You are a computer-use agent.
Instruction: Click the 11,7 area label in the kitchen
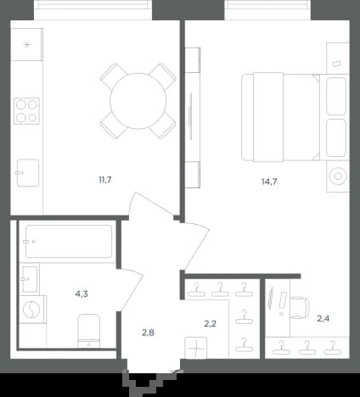pyautogui.click(x=105, y=180)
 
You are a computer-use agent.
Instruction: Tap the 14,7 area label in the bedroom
pyautogui.click(x=269, y=182)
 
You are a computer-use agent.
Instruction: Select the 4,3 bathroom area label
pyautogui.click(x=82, y=294)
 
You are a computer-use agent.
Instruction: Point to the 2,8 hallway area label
pyautogui.click(x=148, y=333)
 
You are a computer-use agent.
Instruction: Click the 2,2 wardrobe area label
pyautogui.click(x=211, y=323)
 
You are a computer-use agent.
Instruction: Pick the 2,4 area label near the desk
pyautogui.click(x=323, y=319)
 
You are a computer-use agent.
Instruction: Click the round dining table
pyautogui.click(x=138, y=101)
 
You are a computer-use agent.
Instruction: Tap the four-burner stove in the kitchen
pyautogui.click(x=26, y=111)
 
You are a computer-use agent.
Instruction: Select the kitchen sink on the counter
pyautogui.click(x=27, y=173)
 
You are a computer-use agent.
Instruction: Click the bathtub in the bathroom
pyautogui.click(x=69, y=241)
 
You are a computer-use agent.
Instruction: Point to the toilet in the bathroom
pyautogui.click(x=89, y=331)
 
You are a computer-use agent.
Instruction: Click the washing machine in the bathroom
pyautogui.click(x=31, y=310)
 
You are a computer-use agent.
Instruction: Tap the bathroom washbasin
pyautogui.click(x=30, y=279)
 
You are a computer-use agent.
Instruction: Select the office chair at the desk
pyautogui.click(x=300, y=307)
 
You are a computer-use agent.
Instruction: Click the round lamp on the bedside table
pyautogui.click(x=338, y=176)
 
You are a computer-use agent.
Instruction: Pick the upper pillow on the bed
pyautogui.click(x=336, y=96)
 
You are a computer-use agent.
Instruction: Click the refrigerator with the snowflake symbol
pyautogui.click(x=26, y=44)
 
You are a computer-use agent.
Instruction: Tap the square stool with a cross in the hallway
pyautogui.click(x=195, y=348)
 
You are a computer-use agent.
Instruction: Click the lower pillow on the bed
pyautogui.click(x=336, y=138)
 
